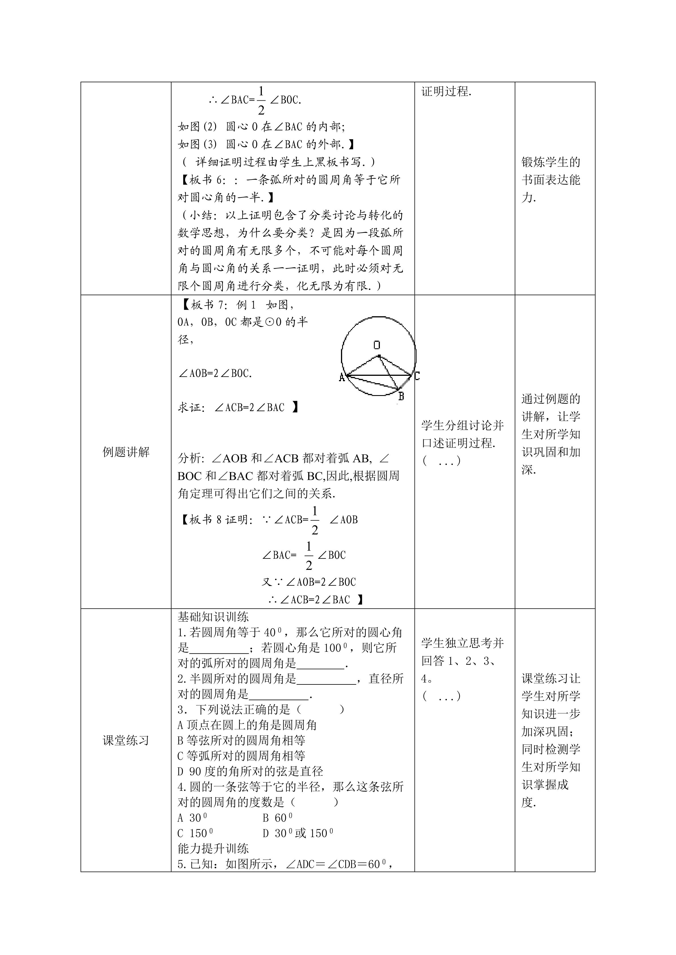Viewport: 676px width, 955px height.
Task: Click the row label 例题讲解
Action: tap(126, 452)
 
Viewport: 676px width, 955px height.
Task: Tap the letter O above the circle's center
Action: tap(377, 345)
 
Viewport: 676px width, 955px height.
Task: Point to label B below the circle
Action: tap(401, 396)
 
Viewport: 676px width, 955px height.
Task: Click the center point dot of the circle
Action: tap(379, 356)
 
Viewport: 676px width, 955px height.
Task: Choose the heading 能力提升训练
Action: tap(213, 849)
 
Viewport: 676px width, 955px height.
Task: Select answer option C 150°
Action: tap(195, 833)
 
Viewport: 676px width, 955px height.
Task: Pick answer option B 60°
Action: tap(278, 818)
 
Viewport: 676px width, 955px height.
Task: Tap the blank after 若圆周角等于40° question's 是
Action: tap(219, 648)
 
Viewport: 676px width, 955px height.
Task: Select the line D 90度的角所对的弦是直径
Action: tap(250, 771)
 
